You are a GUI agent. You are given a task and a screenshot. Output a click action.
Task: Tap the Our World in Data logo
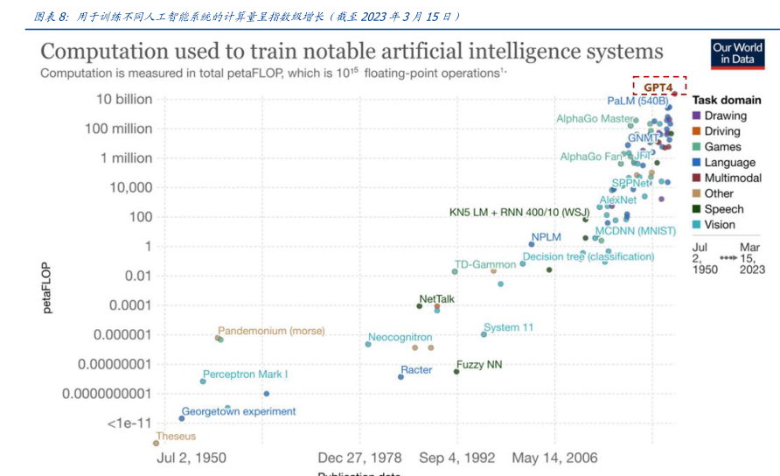pyautogui.click(x=736, y=53)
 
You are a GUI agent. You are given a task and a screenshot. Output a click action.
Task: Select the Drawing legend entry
pyautogui.click(x=725, y=115)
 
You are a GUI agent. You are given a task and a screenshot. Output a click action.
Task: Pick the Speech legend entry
pyautogui.click(x=723, y=209)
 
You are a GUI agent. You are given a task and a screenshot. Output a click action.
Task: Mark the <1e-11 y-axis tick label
pyautogui.click(x=129, y=423)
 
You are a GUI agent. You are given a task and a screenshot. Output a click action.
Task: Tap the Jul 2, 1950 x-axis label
pyautogui.click(x=191, y=458)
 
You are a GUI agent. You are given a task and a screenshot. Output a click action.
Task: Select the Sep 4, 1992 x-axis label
pyautogui.click(x=456, y=458)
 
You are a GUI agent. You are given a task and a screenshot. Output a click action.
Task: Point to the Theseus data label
pyautogui.click(x=176, y=436)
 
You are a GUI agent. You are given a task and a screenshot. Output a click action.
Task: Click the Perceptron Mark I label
pyautogui.click(x=246, y=374)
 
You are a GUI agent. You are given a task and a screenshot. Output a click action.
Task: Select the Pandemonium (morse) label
pyautogui.click(x=271, y=331)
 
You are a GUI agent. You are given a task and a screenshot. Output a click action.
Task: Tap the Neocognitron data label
pyautogui.click(x=400, y=337)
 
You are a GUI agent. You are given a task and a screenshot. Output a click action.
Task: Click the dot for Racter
pyautogui.click(x=400, y=376)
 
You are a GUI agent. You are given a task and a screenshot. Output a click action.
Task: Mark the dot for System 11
pyautogui.click(x=484, y=334)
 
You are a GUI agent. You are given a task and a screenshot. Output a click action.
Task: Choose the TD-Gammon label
pyautogui.click(x=485, y=263)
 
